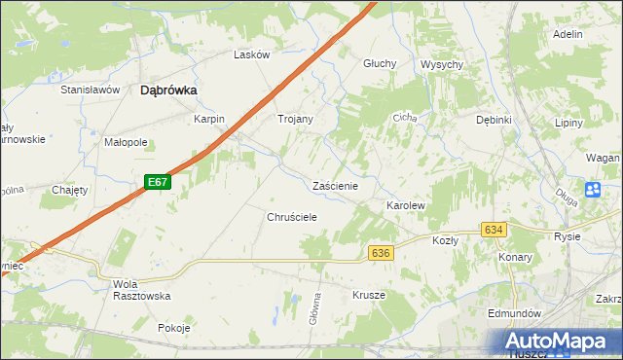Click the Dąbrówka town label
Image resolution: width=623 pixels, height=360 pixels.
coord(169,90)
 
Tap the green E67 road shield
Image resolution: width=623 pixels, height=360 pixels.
coord(160,182)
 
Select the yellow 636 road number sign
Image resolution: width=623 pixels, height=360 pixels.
coord(381,252)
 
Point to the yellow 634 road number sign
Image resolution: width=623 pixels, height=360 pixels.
coord(493,230)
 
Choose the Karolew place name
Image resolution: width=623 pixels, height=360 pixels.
coord(406,207)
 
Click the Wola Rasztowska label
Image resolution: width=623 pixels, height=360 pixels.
coord(141,289)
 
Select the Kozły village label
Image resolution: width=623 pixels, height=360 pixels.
coord(445,239)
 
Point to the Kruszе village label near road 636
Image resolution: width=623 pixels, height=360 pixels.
coord(369,295)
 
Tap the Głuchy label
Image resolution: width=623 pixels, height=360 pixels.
coord(380,63)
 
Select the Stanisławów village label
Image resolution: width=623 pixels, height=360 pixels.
coord(90,90)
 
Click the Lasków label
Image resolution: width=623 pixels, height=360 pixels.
coord(251,54)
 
